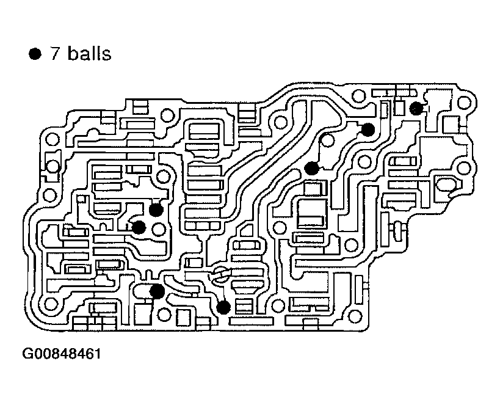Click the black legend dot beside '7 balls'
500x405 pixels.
[x=35, y=54]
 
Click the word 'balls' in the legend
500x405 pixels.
[x=90, y=53]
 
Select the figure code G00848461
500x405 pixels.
[x=61, y=354]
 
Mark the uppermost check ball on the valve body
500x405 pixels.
[x=416, y=109]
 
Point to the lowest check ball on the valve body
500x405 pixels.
[x=223, y=307]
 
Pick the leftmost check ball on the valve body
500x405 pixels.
[x=139, y=227]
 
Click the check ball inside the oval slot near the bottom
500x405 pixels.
[x=157, y=291]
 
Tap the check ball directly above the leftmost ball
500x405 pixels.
[x=156, y=210]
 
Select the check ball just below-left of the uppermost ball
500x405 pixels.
[x=368, y=130]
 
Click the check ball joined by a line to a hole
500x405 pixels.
[x=311, y=168]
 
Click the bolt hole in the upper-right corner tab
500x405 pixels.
[x=464, y=103]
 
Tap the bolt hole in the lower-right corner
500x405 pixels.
[x=356, y=316]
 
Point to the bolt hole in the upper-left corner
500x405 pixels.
[x=52, y=139]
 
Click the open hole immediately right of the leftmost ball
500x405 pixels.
[x=159, y=229]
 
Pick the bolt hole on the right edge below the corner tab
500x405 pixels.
[x=463, y=168]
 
